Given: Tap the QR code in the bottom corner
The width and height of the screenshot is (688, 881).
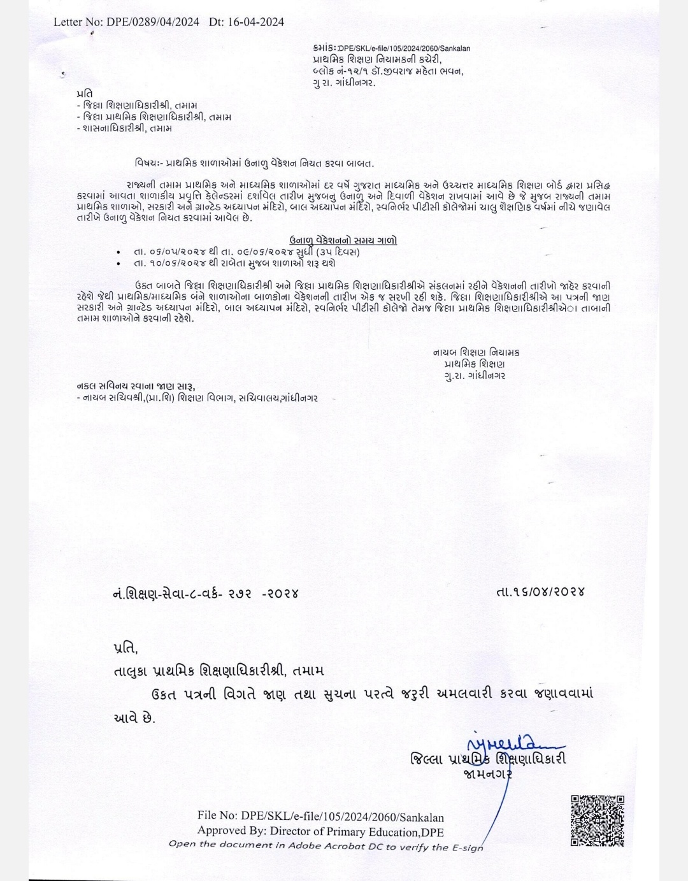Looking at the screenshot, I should (597, 820).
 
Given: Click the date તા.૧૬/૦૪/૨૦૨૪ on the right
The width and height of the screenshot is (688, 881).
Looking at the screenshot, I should (540, 592).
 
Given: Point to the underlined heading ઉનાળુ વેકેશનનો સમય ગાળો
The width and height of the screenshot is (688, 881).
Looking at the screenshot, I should (343, 240).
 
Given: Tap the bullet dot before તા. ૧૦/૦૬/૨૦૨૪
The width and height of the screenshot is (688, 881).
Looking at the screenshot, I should (119, 263).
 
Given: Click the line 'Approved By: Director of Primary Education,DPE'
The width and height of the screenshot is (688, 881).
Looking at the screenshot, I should (320, 831).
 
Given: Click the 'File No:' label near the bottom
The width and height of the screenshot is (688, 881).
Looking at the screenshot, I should (217, 817).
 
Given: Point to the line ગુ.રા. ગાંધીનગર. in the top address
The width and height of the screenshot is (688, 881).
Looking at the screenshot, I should (345, 83).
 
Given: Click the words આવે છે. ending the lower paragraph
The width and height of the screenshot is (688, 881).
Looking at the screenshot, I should (133, 717).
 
